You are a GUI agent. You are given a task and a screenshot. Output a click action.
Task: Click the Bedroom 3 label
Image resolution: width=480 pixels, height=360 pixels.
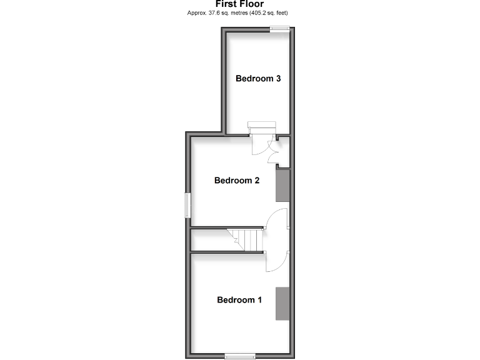click(257, 79)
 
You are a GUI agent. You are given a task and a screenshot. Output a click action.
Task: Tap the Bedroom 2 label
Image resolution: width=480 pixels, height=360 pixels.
click(237, 181)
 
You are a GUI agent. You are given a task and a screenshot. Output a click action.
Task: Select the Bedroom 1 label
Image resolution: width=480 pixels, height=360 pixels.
click(239, 300)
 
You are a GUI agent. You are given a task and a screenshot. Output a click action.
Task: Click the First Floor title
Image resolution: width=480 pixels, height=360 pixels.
click(239, 4)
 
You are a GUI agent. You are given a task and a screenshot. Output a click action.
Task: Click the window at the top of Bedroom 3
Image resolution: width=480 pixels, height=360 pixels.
click(279, 27)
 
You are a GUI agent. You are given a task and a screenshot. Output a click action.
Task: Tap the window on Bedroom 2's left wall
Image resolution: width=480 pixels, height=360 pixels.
click(187, 204)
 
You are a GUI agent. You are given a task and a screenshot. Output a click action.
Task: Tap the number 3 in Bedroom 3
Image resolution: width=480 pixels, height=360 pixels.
click(277, 79)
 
